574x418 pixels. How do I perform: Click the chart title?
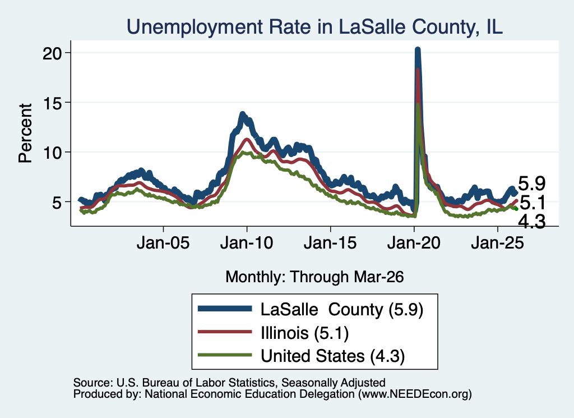coord(314,27)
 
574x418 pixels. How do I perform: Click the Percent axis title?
coord(25,133)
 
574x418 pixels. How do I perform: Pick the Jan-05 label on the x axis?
coord(163,242)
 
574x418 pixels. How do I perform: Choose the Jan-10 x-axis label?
coord(247,242)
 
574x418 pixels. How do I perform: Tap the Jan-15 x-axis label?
coord(330,242)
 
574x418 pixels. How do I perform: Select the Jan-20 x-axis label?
coord(414,242)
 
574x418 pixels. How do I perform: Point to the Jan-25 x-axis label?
coord(498,242)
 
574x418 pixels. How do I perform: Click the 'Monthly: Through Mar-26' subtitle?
coord(314,277)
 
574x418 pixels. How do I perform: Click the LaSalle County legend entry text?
coord(342,310)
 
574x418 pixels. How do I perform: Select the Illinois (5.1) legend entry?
coord(304,333)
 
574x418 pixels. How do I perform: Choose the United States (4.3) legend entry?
coord(333,356)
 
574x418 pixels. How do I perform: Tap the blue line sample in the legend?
coord(225,309)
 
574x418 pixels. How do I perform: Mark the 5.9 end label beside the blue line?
coord(532,183)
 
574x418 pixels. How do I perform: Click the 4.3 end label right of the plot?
coord(532,222)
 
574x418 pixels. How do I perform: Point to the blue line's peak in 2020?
coord(417,49)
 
